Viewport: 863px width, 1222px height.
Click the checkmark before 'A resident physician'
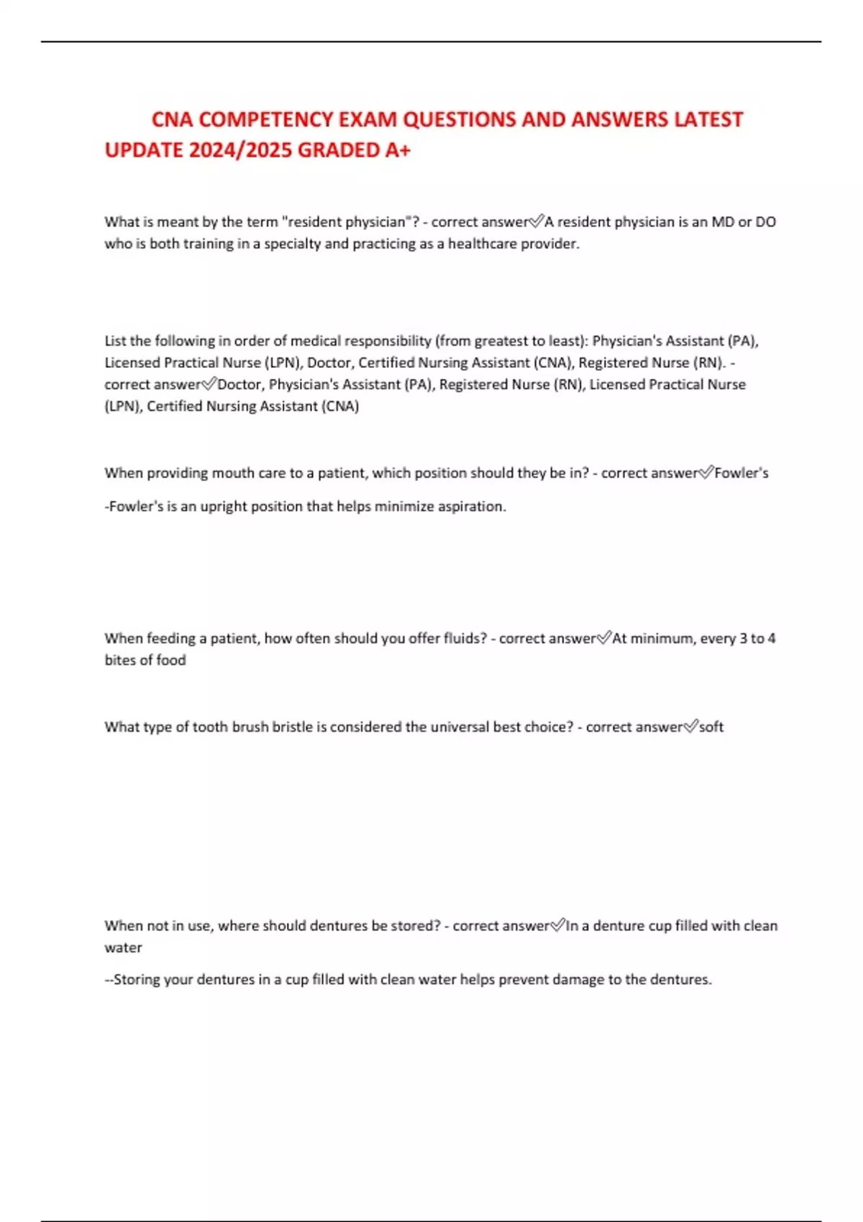point(536,222)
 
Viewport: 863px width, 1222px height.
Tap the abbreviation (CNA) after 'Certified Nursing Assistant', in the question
point(553,362)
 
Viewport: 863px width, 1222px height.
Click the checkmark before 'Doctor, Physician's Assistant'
point(209,385)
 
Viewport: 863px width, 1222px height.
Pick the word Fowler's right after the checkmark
point(741,473)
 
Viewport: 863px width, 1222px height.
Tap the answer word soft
point(711,727)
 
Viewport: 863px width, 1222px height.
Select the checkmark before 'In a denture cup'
point(558,926)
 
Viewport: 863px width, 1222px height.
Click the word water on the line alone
point(124,947)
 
